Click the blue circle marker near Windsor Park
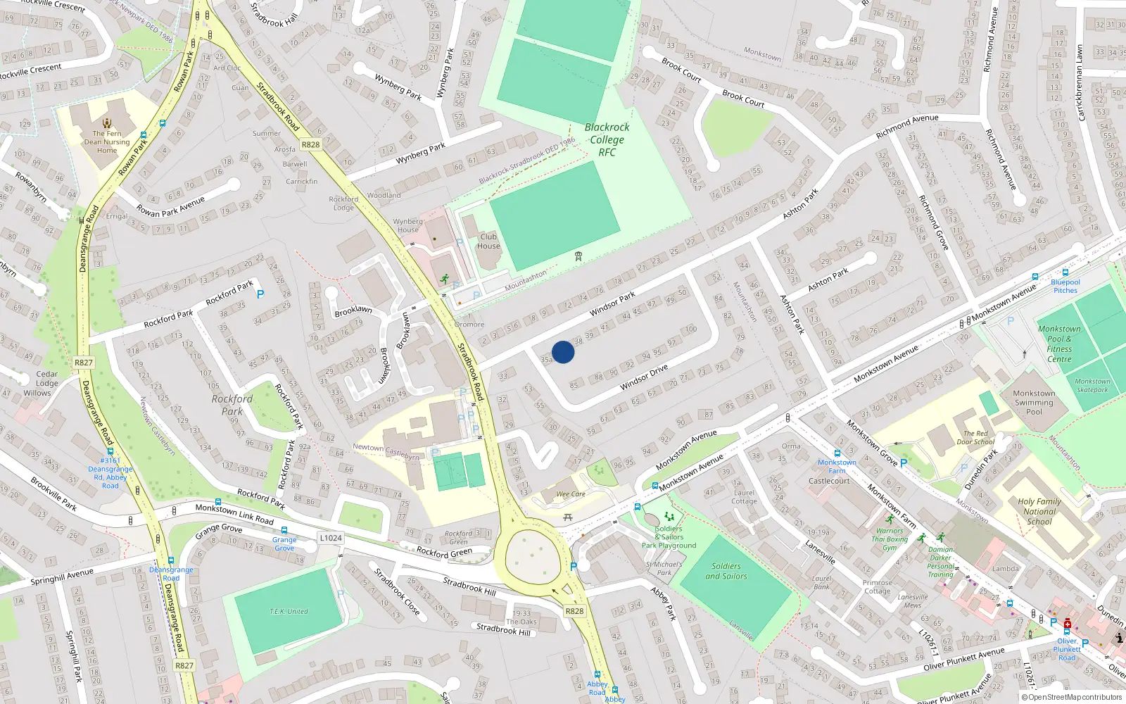(x=563, y=352)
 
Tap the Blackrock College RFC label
(x=607, y=139)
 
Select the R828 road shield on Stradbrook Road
(x=310, y=144)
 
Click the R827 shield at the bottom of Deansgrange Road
(x=184, y=665)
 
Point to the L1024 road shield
(x=330, y=538)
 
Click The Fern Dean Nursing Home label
(x=107, y=142)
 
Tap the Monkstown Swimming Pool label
(x=1034, y=403)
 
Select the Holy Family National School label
(x=1039, y=512)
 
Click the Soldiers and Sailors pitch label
(x=726, y=571)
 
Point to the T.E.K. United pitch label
(x=289, y=611)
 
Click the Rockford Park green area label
(x=232, y=405)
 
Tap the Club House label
(x=488, y=241)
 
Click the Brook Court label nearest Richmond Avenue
(x=743, y=99)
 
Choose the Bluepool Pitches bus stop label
(x=1065, y=286)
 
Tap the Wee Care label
(x=570, y=494)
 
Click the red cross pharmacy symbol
(x=1068, y=624)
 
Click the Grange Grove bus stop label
(x=284, y=543)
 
